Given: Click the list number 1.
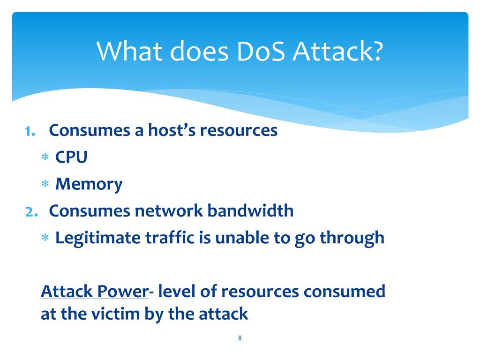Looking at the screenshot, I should tap(30, 131).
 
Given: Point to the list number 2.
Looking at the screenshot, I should tap(30, 211).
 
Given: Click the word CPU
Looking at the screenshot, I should tap(71, 157).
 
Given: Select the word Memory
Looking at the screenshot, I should tap(89, 185).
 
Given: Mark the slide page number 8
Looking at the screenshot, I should tap(240, 337).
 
